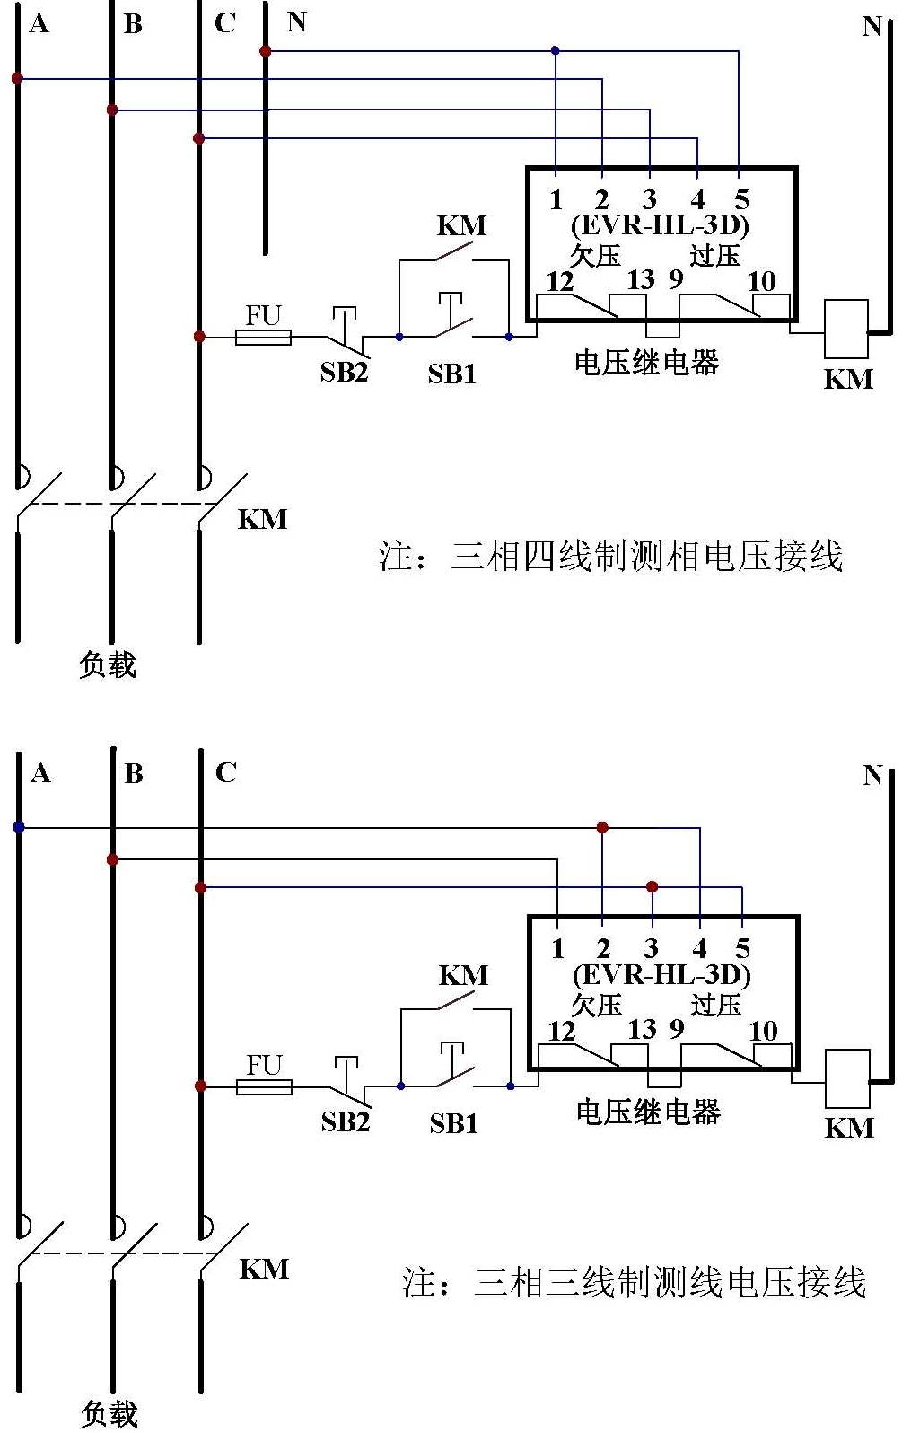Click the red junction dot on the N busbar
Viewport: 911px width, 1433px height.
(x=266, y=51)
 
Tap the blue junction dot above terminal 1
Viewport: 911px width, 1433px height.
(x=555, y=50)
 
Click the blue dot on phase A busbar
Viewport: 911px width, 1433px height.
(x=19, y=827)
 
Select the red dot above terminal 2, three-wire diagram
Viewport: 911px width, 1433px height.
(x=602, y=827)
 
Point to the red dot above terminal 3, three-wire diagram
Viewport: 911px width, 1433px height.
(x=653, y=887)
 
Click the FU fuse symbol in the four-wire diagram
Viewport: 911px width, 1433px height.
(x=263, y=337)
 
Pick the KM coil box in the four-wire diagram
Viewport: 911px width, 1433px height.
(x=846, y=329)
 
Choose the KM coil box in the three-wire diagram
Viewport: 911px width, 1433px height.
(x=847, y=1078)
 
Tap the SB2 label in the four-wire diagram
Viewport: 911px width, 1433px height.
(x=344, y=372)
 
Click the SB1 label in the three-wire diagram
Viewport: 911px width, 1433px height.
(x=453, y=1123)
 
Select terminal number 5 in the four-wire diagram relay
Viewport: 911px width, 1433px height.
(x=741, y=199)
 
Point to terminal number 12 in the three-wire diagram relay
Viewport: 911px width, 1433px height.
(x=562, y=1031)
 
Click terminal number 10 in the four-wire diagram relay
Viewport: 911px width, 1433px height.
(x=761, y=281)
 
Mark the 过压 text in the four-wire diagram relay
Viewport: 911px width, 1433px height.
(x=714, y=255)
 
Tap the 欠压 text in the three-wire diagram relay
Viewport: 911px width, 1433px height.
(x=597, y=1004)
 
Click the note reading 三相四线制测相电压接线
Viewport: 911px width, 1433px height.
(x=610, y=557)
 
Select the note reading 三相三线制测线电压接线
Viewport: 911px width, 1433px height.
(x=634, y=1282)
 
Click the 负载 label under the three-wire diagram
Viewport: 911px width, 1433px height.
(x=109, y=1413)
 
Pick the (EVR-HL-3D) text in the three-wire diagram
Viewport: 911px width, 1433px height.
(x=661, y=975)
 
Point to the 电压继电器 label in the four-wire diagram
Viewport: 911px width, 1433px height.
(x=646, y=363)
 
